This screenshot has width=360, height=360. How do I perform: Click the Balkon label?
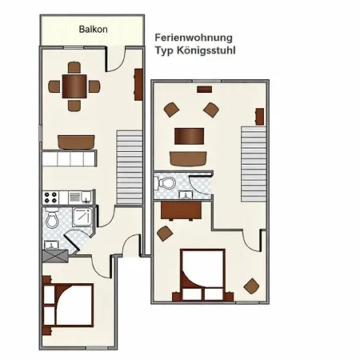(94, 29)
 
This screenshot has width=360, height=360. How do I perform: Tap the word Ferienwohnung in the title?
(194, 38)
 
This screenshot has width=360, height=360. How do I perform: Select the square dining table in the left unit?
(74, 86)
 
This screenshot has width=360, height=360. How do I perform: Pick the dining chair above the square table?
(74, 67)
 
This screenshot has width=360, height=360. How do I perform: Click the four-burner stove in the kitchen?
(50, 198)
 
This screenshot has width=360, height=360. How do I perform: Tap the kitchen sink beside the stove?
(86, 198)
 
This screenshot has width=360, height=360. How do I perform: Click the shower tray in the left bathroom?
(82, 218)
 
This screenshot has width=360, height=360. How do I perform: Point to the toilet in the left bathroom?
(52, 218)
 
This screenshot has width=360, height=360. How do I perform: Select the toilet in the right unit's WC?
(166, 183)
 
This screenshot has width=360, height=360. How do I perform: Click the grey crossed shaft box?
(55, 256)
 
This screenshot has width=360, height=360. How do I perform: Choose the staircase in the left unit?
(130, 167)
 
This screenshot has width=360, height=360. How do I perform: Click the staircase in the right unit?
(254, 164)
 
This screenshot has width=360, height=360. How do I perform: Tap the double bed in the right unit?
(202, 275)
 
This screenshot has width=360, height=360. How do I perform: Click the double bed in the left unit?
(68, 306)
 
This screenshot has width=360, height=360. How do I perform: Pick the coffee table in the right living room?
(190, 136)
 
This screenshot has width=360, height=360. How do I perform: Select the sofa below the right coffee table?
(188, 159)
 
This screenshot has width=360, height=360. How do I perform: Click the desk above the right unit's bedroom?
(181, 210)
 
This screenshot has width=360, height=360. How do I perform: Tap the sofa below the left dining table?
(76, 142)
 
